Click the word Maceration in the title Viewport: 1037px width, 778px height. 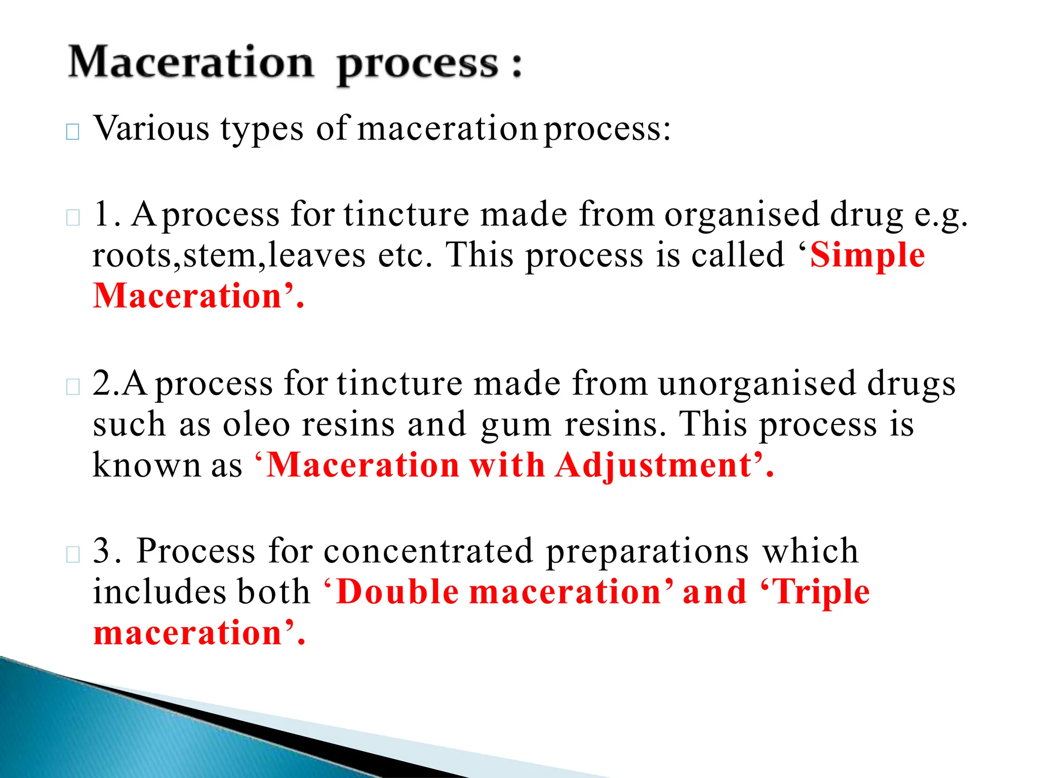point(191,63)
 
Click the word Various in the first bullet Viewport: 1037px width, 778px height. point(151,128)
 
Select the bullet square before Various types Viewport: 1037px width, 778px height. point(73,132)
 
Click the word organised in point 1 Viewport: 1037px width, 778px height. point(741,215)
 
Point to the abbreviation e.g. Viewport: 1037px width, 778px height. point(941,215)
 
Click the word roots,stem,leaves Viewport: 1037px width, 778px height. point(228,255)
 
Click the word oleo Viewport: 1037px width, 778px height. point(256,424)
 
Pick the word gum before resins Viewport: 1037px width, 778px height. point(515,425)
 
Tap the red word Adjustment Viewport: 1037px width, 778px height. point(653,465)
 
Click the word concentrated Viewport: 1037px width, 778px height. point(428,551)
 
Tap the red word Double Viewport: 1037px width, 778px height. point(397,592)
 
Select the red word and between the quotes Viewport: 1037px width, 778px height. point(714,592)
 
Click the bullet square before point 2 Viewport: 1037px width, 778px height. point(73,387)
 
